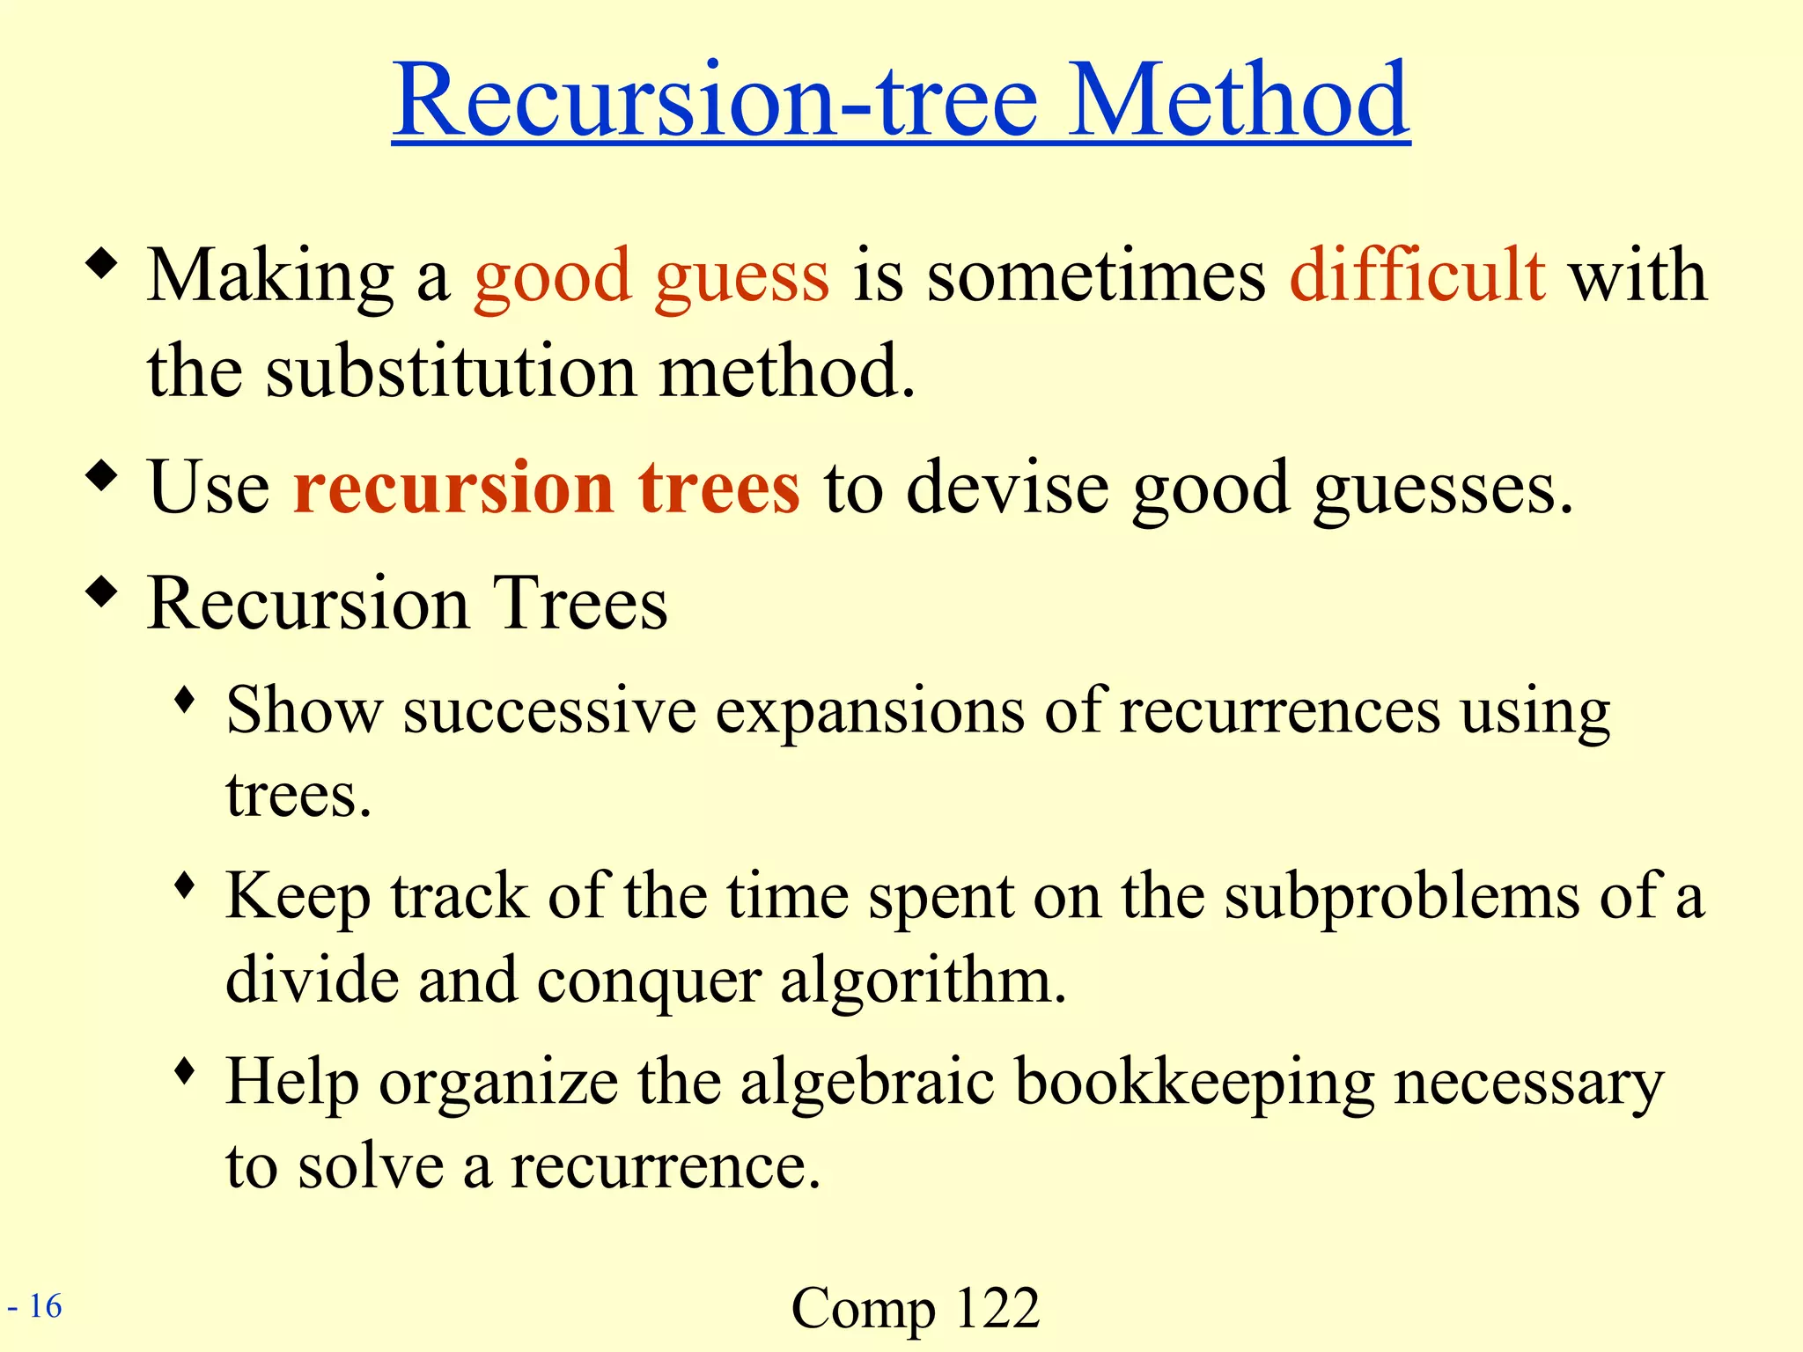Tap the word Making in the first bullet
tap(270, 276)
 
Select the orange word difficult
tap(1417, 275)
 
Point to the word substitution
tap(452, 371)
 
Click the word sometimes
tap(1096, 276)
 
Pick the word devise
tap(1007, 488)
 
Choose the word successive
tap(549, 710)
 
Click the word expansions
tap(870, 711)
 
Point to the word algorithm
tap(924, 982)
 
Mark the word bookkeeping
tap(1195, 1083)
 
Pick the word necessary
tap(1528, 1083)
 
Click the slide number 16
tap(45, 1306)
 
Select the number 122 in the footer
tap(997, 1308)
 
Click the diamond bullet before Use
tap(102, 476)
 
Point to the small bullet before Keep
tap(184, 885)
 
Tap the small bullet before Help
tap(184, 1070)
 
